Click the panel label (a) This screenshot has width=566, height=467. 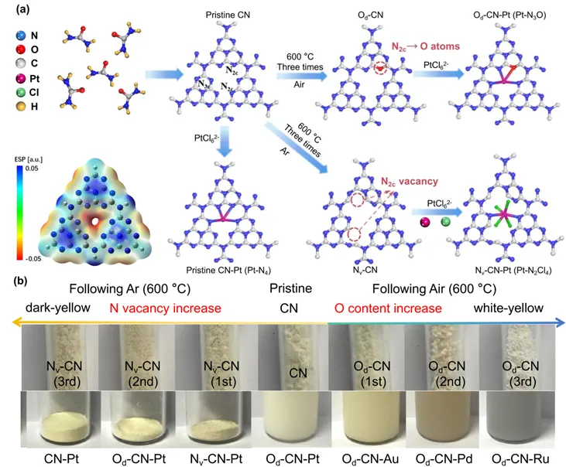[x=14, y=9]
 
